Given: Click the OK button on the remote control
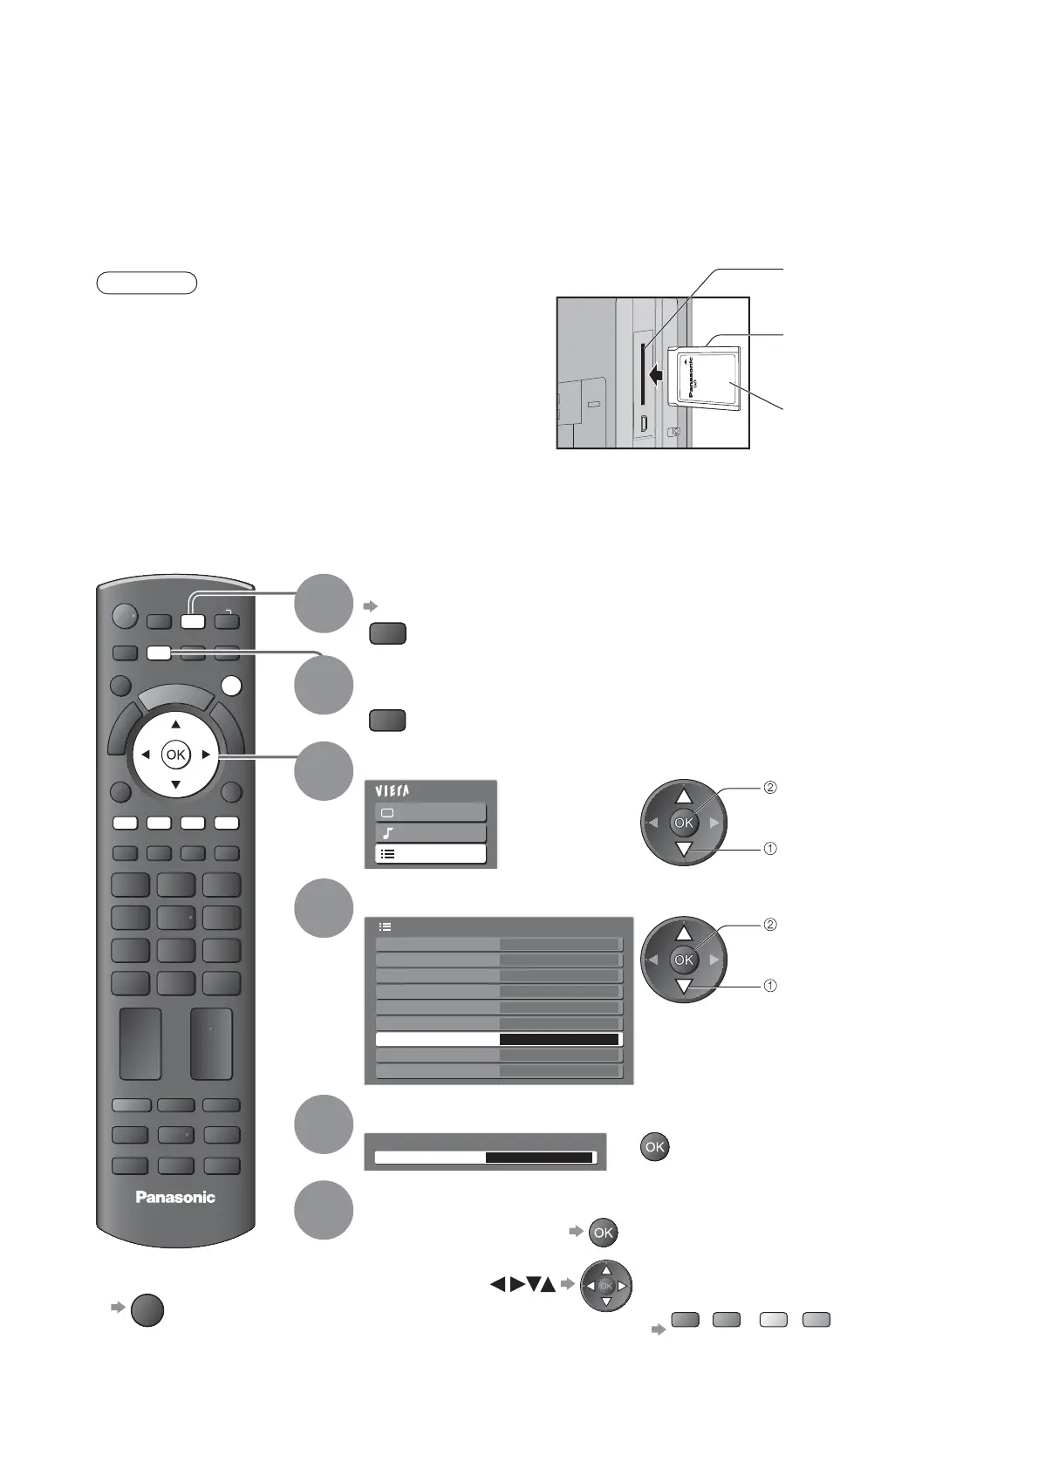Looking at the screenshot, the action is pyautogui.click(x=175, y=755).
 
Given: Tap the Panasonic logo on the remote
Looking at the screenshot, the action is pyautogui.click(x=175, y=1197).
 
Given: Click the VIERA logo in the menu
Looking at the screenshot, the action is pyautogui.click(x=392, y=791).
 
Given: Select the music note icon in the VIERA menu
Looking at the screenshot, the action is pyautogui.click(x=388, y=833).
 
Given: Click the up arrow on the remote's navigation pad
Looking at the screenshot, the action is pyautogui.click(x=175, y=725).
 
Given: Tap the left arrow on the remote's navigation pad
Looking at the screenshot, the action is pyautogui.click(x=145, y=755).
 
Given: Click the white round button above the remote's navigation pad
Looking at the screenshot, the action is pyautogui.click(x=230, y=687).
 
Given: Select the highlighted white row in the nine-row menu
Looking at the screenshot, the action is pyautogui.click(x=498, y=1040).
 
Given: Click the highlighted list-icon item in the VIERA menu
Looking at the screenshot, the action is pyautogui.click(x=430, y=854).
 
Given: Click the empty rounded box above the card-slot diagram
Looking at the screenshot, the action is pyautogui.click(x=147, y=283).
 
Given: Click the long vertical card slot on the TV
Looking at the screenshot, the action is pyautogui.click(x=643, y=373).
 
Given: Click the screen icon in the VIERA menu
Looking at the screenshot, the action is pyautogui.click(x=388, y=812).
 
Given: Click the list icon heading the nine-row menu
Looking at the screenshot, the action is pyautogui.click(x=386, y=927).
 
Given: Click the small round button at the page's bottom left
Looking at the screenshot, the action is pyautogui.click(x=147, y=1311).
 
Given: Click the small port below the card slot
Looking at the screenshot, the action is pyautogui.click(x=643, y=424).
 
